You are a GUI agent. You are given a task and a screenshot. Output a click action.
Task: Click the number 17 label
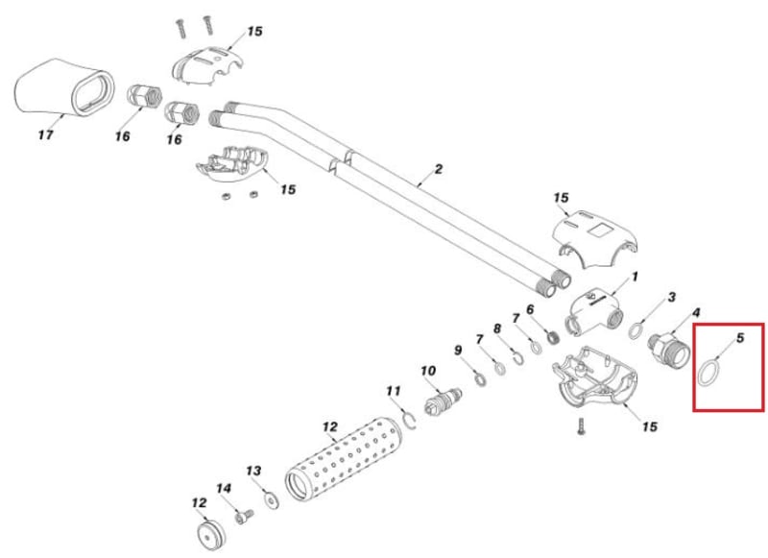pos(45,135)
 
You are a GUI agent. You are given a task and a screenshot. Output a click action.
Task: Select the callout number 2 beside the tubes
pos(438,170)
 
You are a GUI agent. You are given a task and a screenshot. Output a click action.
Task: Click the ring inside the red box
pos(708,372)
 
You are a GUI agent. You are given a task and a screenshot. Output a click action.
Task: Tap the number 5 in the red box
pos(740,338)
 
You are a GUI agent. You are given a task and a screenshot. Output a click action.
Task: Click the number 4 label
pos(697,312)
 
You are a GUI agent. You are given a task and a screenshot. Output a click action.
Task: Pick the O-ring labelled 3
pos(636,331)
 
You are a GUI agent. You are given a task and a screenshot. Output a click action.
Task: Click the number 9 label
pos(458,350)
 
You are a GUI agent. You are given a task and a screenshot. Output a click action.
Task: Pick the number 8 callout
pos(497,328)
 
